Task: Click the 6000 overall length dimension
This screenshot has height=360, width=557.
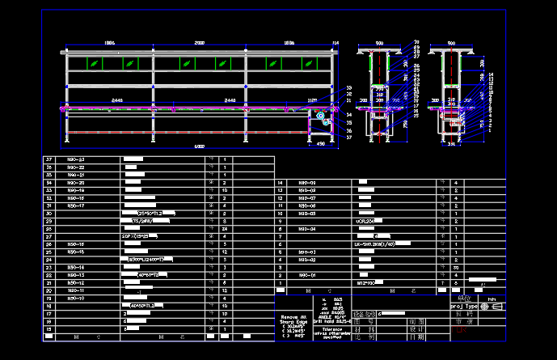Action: [x=199, y=146]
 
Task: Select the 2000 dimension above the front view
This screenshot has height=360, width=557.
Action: [x=199, y=42]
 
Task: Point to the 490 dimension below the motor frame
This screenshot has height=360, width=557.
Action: [x=320, y=145]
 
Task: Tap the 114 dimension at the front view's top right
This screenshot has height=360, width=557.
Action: [x=335, y=42]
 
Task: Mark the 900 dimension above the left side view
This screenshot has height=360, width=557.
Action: [x=379, y=42]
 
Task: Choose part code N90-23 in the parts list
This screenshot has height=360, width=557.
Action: [x=76, y=159]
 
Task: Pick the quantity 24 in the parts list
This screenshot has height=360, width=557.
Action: [x=223, y=229]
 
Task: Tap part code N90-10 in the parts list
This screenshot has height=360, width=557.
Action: [x=76, y=299]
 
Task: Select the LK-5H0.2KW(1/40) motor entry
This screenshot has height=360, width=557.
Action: [x=375, y=244]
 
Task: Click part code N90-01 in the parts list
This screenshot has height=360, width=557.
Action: [x=306, y=275]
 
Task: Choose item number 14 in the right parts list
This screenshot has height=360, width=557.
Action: [x=280, y=183]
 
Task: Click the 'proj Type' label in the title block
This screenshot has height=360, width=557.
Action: [x=465, y=307]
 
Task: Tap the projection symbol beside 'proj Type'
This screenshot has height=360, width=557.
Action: [x=496, y=307]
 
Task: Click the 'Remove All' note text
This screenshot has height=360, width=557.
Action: [x=293, y=316]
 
